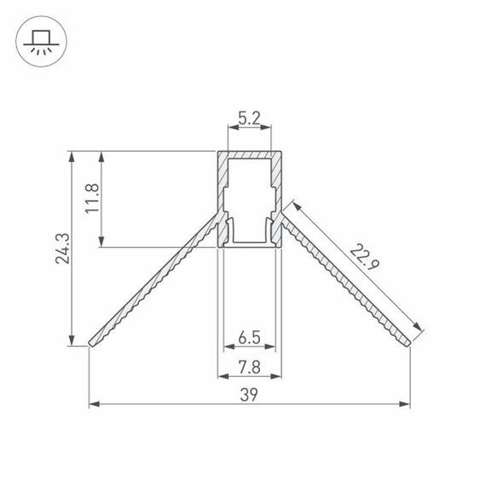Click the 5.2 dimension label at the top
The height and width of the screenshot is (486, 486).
[x=249, y=119]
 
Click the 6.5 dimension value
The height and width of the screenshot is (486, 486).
[x=249, y=338]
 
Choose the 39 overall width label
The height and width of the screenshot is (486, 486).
[x=249, y=393]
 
